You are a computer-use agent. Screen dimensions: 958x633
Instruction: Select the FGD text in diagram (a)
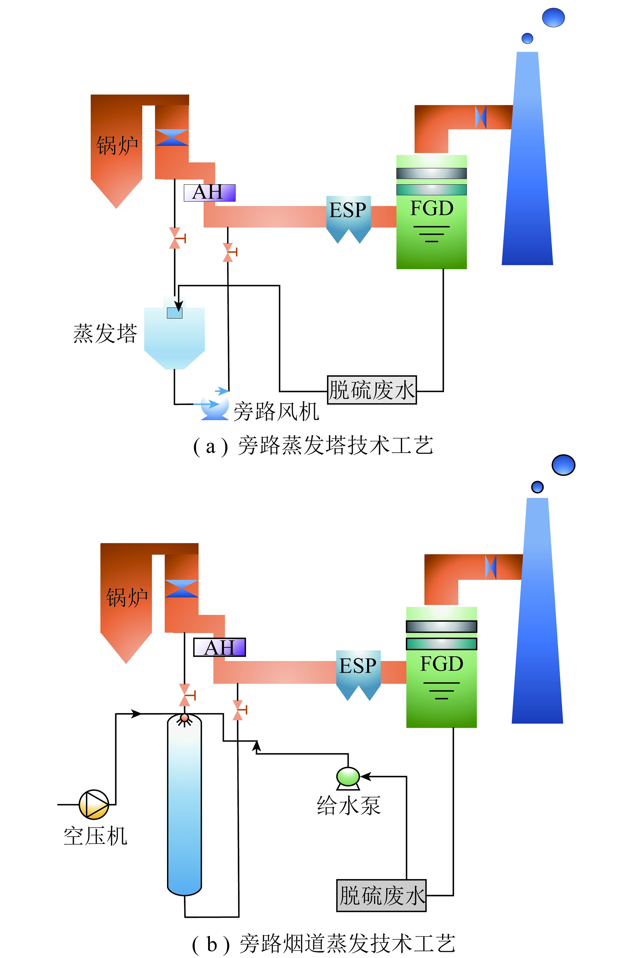pos(431,208)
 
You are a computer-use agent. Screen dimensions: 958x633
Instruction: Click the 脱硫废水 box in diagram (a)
pos(371,390)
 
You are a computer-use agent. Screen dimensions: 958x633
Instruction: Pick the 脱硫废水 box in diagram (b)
pos(382,895)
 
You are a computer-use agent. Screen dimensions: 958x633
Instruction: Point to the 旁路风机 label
pos(276,411)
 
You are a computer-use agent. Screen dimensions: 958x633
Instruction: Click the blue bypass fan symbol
pos(215,408)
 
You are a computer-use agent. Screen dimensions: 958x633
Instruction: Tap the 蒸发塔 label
pos(105,334)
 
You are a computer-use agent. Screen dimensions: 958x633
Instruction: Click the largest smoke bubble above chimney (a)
pos(553,17)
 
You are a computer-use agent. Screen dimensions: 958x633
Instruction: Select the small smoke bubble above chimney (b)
pos(537,487)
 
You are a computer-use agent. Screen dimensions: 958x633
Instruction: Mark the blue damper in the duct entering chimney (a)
pos(480,117)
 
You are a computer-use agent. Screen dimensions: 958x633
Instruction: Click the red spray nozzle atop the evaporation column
pos(185,718)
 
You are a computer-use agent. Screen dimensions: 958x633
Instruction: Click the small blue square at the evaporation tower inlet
pos(175,313)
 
